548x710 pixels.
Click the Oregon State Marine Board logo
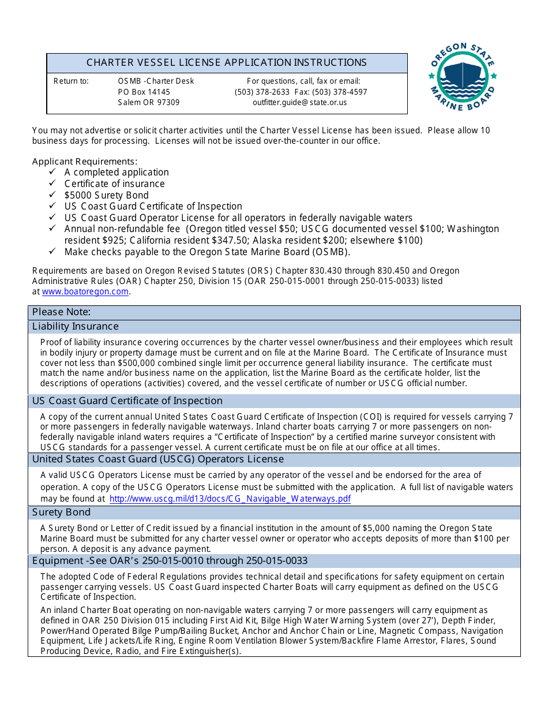(463, 77)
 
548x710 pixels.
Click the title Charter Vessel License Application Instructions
(227, 63)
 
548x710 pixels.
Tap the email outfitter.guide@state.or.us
(300, 102)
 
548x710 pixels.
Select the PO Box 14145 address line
(144, 92)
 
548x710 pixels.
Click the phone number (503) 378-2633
(262, 92)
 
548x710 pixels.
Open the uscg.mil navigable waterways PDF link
(230, 499)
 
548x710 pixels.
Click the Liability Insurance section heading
(76, 327)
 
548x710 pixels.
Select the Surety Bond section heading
(61, 513)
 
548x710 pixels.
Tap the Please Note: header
(62, 312)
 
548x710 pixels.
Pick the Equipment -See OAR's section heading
(170, 561)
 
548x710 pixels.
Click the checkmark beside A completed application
(52, 172)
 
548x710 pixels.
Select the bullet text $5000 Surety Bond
(106, 195)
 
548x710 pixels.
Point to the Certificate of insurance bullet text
(114, 184)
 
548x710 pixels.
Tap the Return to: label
(71, 81)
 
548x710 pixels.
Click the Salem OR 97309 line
(149, 102)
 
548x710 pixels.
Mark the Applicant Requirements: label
(85, 162)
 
